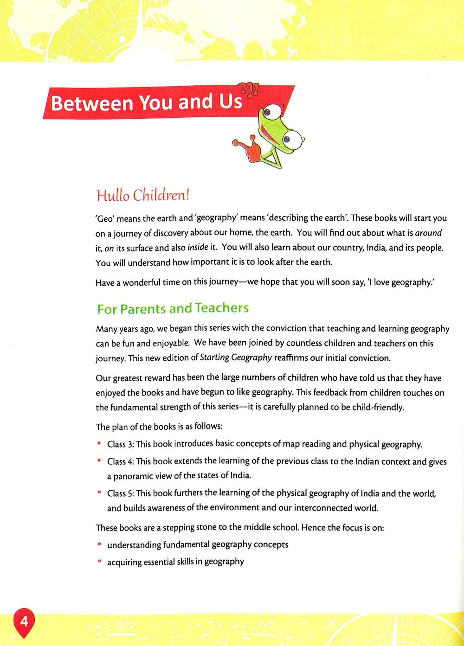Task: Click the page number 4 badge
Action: coord(24,620)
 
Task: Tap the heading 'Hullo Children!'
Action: coord(143,195)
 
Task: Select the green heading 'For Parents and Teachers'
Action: coord(173,308)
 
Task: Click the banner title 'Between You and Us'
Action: coord(147,102)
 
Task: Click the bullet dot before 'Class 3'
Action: coord(99,443)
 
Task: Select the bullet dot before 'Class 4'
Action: coord(99,460)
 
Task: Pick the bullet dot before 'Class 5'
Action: coord(99,492)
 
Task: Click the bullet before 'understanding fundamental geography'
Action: coord(99,544)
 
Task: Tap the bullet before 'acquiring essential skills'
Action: coord(99,561)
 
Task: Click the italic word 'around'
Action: coord(428,233)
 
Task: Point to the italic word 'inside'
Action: coord(198,247)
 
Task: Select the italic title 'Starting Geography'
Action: coord(236,358)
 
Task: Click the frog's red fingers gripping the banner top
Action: coord(249,89)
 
